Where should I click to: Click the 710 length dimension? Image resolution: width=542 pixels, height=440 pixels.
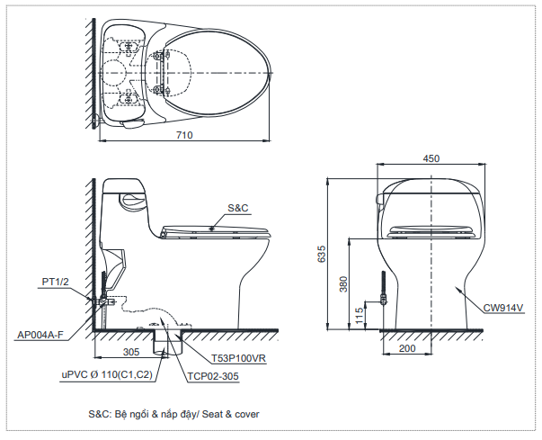coord(184,135)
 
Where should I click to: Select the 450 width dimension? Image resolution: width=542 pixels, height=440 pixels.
coord(431,158)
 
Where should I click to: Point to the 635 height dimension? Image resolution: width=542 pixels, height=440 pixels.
coord(322,255)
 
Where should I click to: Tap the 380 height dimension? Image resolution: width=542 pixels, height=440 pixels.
coord(342,284)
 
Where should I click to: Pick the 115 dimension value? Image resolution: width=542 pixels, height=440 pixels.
coord(360,315)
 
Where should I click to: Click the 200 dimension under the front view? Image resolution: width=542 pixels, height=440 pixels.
coord(406,346)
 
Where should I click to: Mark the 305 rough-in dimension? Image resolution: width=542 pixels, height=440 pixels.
coord(130,352)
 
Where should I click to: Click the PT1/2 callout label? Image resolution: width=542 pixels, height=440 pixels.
coord(55,282)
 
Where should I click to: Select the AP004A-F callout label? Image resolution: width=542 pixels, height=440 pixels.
coord(40,335)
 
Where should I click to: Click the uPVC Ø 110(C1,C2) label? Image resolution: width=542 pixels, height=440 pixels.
coord(106,373)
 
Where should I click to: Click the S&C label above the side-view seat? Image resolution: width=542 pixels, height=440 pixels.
coord(237,208)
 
